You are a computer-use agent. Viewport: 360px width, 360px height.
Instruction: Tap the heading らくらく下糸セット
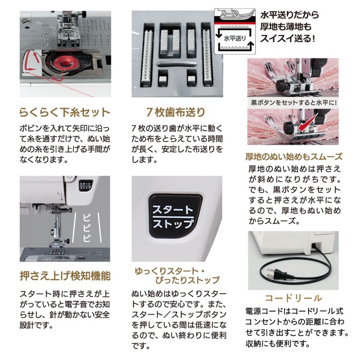[x=65, y=112]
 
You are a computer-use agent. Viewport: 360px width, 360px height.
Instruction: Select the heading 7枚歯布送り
[x=176, y=112]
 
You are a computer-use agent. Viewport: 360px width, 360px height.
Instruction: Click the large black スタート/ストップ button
[x=175, y=216]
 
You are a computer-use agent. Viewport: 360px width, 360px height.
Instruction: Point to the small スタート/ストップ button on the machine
[x=85, y=185]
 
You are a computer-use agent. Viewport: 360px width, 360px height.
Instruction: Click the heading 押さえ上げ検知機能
[x=65, y=276]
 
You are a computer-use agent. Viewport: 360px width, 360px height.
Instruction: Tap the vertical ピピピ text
[x=86, y=228]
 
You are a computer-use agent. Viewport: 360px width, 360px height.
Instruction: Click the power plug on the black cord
[x=275, y=274]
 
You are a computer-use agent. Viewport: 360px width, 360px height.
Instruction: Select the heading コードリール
[x=293, y=298]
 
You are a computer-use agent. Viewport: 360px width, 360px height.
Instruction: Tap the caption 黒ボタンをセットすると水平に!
[x=294, y=102]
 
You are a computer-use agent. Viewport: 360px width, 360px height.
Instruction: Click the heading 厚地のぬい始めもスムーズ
[x=294, y=157]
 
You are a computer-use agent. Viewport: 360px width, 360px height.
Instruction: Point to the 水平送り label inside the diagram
[x=235, y=39]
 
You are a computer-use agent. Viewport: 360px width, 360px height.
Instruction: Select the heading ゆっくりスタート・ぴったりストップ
[x=177, y=275]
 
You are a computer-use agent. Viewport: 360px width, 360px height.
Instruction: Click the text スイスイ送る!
[x=287, y=38]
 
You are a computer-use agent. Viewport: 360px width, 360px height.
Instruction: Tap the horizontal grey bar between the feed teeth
[x=176, y=64]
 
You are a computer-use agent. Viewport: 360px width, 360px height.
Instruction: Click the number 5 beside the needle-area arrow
[x=58, y=194]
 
